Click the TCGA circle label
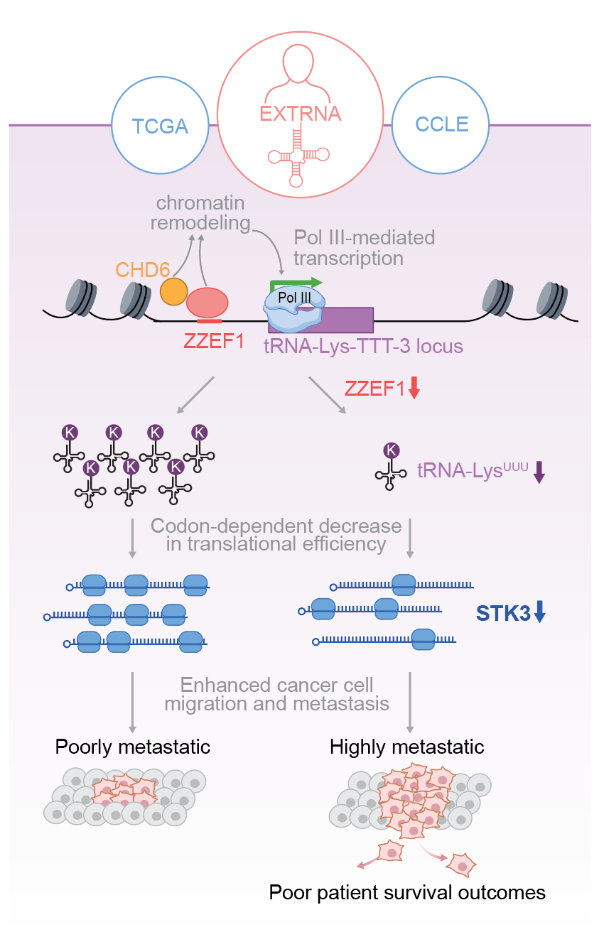[160, 126]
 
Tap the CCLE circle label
[442, 124]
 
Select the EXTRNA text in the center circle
[300, 114]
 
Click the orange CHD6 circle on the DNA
[174, 291]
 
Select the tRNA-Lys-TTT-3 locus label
[363, 346]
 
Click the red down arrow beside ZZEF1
[415, 388]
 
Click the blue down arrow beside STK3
[539, 612]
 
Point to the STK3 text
[504, 612]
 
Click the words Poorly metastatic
[133, 747]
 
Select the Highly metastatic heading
[407, 747]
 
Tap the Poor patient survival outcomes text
[407, 892]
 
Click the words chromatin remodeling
[200, 212]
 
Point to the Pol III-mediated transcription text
[364, 246]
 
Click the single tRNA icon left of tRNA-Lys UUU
[391, 465]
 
